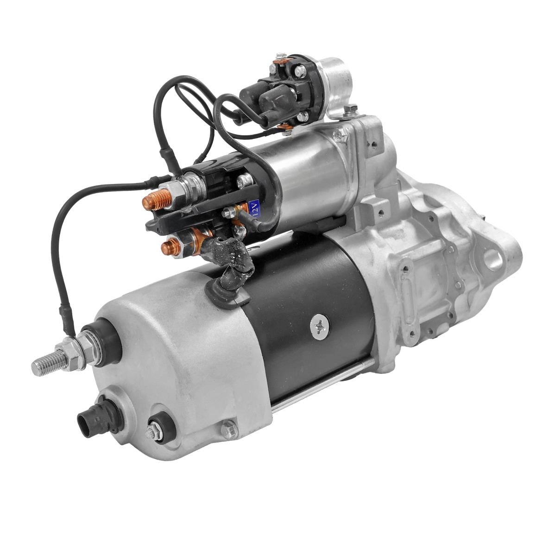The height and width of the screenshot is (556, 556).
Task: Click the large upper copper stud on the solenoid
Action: [x=155, y=200]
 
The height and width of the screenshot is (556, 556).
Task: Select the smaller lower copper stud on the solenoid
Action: [x=171, y=248]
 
